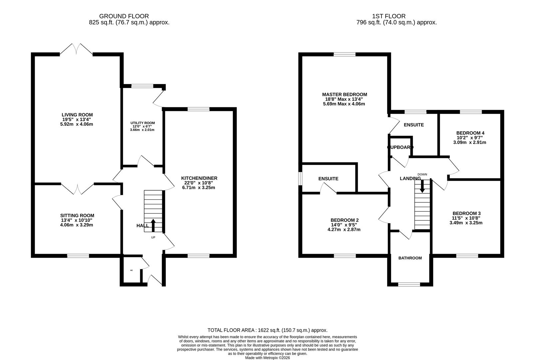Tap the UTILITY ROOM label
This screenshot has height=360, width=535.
[x=143, y=123]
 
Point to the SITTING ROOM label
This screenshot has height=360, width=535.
[x=77, y=216]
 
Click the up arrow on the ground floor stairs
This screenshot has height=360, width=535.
[x=153, y=225]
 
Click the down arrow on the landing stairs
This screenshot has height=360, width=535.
[x=422, y=186]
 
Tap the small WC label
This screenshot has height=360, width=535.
[x=132, y=270]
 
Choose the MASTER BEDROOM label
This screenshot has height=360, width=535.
[x=344, y=95]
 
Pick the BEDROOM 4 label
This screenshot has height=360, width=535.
[x=470, y=133]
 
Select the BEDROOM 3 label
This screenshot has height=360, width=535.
[x=466, y=213]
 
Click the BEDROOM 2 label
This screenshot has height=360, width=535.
[x=344, y=220]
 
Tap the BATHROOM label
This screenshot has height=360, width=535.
[x=410, y=258]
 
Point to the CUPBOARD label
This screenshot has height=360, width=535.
[x=400, y=147]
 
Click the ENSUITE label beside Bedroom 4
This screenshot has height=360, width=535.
[x=414, y=125]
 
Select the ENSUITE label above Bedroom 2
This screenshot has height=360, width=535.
[x=328, y=179]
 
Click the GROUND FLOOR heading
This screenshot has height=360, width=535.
[x=124, y=16]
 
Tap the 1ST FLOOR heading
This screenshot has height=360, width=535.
[x=389, y=16]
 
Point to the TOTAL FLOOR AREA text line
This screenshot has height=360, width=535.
[x=267, y=330]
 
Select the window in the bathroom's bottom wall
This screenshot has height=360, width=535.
[x=409, y=284]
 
